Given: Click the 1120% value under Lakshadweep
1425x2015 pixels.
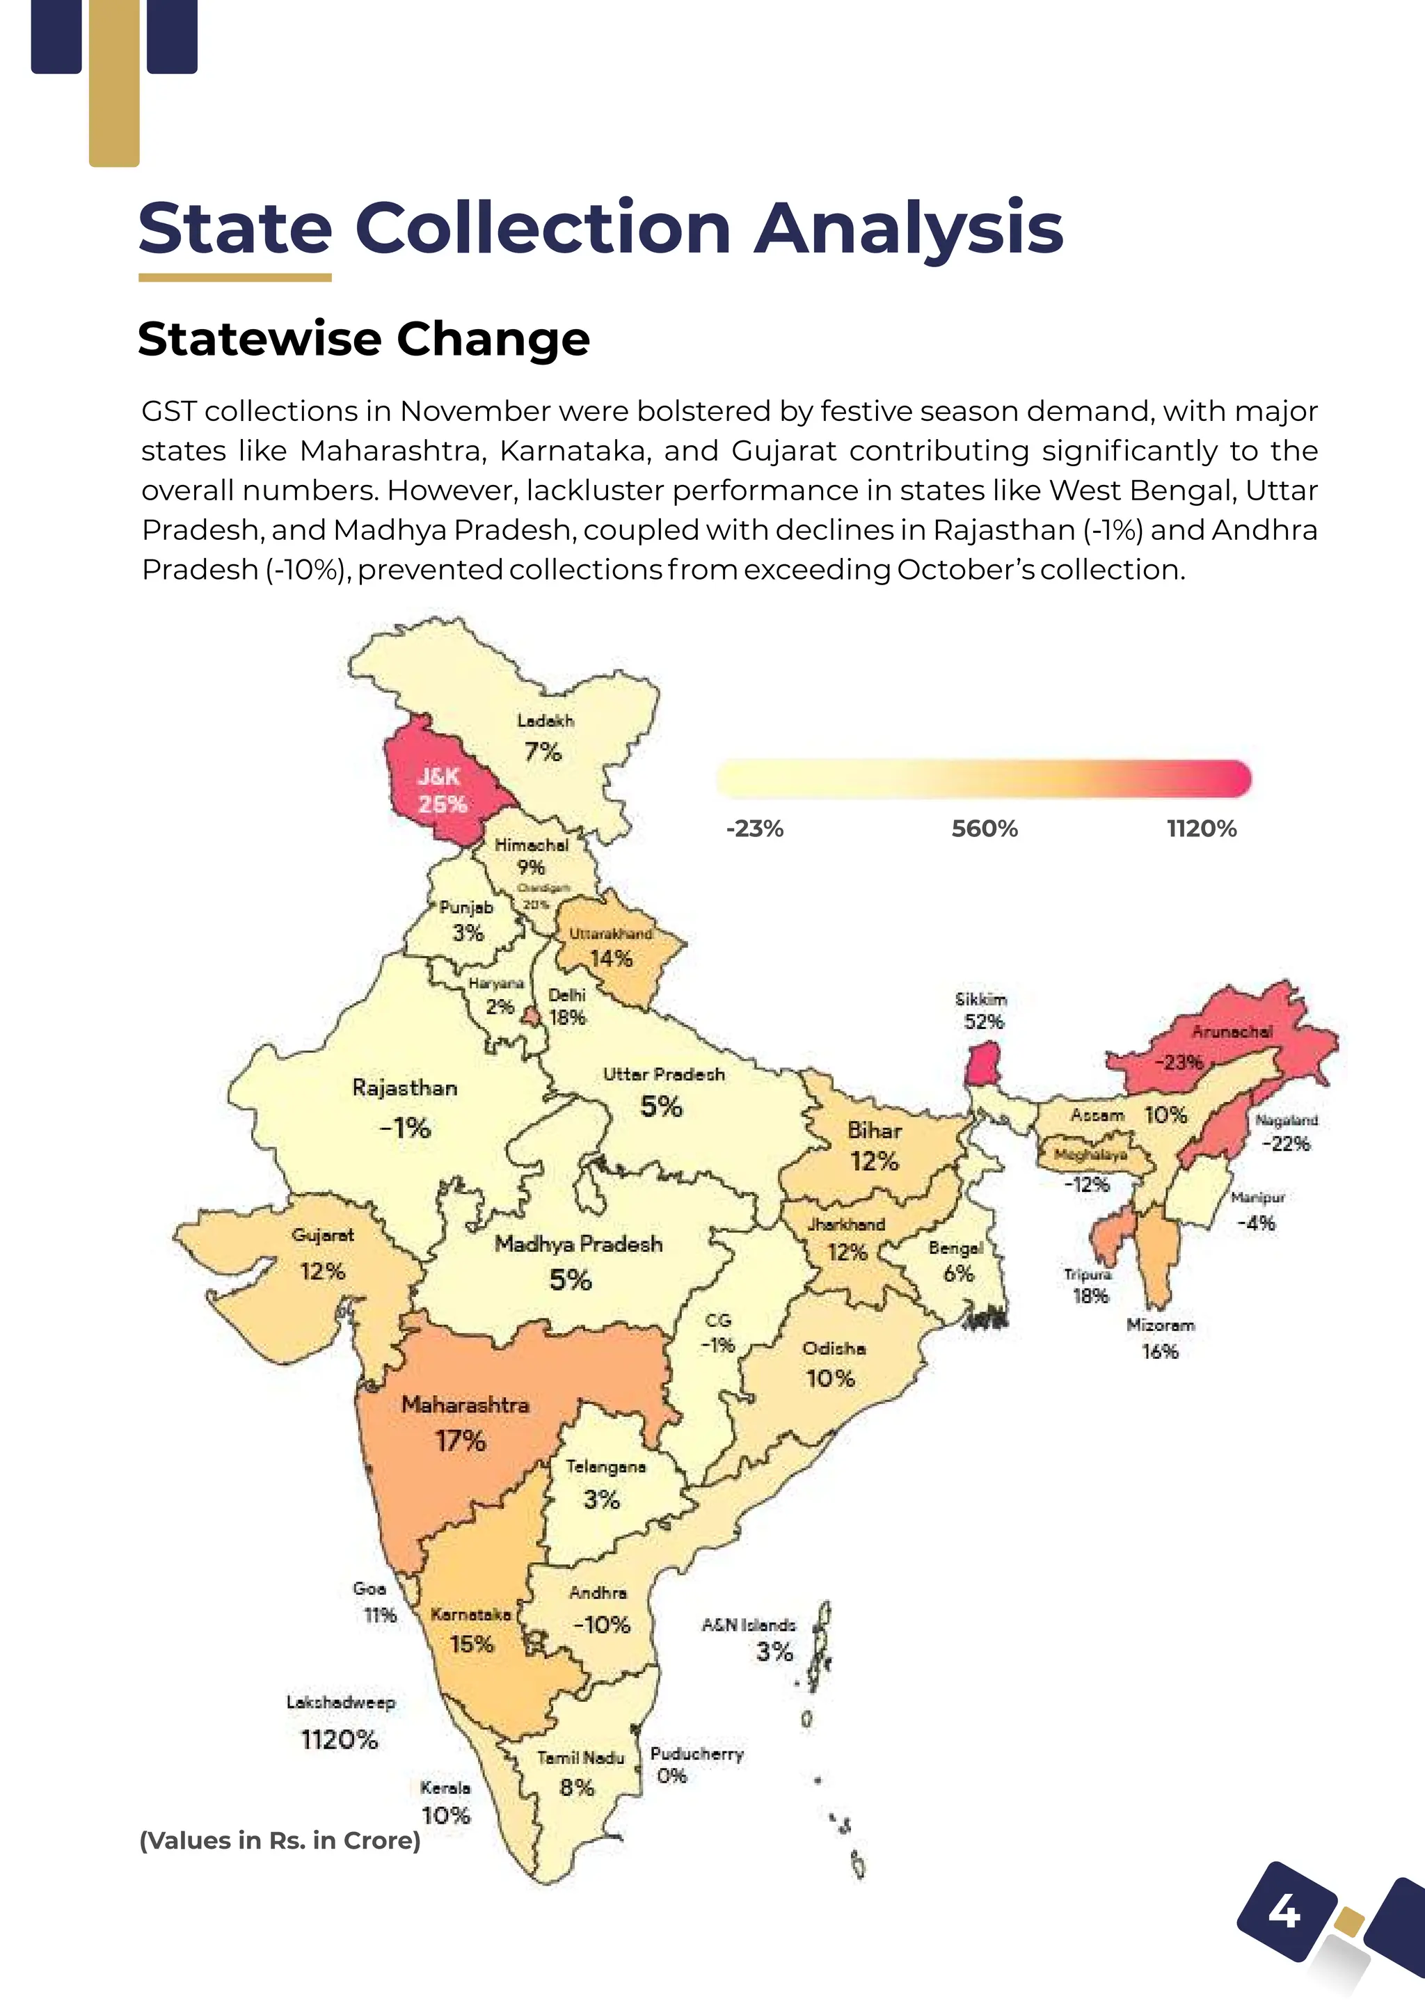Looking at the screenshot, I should click(339, 1739).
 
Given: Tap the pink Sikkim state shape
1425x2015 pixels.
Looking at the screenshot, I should click(982, 1065).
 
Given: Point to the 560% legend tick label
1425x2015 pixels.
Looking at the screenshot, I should click(985, 829).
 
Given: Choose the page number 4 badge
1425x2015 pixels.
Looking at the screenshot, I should click(1284, 1911).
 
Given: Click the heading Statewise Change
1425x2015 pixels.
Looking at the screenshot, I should click(363, 339).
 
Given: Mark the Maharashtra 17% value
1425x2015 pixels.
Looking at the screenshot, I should click(461, 1440).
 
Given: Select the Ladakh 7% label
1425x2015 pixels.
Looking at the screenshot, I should click(543, 739).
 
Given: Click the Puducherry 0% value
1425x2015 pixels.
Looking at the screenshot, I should click(671, 1776).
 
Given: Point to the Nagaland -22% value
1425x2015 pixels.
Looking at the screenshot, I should click(1285, 1144).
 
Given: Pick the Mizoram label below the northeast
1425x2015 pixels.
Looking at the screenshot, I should click(1160, 1325).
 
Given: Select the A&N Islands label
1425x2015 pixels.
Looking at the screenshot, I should click(749, 1625).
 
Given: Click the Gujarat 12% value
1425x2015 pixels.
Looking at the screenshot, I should click(322, 1271).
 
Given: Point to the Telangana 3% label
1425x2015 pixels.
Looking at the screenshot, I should click(604, 1483).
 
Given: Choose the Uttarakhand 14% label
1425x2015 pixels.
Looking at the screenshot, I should click(612, 947).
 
